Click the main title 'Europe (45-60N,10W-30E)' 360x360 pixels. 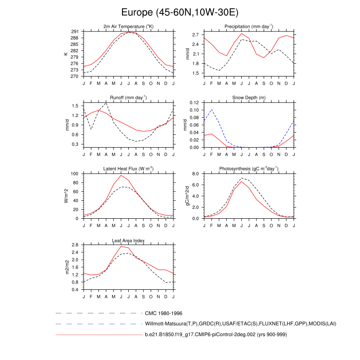pyautogui.click(x=180, y=12)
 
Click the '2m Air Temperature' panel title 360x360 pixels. pyautogui.click(x=128, y=27)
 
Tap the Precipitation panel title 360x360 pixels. pyautogui.click(x=249, y=27)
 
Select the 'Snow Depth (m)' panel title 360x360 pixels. pyautogui.click(x=249, y=98)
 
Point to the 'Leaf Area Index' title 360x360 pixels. pyautogui.click(x=128, y=240)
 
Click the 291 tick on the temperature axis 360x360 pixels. pyautogui.click(x=75, y=31)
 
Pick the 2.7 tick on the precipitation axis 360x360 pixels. pyautogui.click(x=195, y=35)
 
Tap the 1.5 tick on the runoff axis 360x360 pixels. pyautogui.click(x=75, y=105)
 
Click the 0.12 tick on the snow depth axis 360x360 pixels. pyautogui.click(x=193, y=103)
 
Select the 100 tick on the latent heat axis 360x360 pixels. pyautogui.click(x=74, y=174)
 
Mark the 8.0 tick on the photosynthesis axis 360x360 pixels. pyautogui.click(x=195, y=174)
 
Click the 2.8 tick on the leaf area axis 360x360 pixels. pyautogui.click(x=75, y=245)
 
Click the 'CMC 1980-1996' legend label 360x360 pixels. pyautogui.click(x=163, y=313)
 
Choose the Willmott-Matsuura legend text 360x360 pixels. pyautogui.click(x=241, y=324)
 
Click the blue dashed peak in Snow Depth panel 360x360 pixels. pyautogui.click(x=211, y=110)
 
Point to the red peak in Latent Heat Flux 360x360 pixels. pyautogui.click(x=121, y=175)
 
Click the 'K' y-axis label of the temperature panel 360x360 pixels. pyautogui.click(x=66, y=54)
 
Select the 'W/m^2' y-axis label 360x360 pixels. pyautogui.click(x=66, y=196)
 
